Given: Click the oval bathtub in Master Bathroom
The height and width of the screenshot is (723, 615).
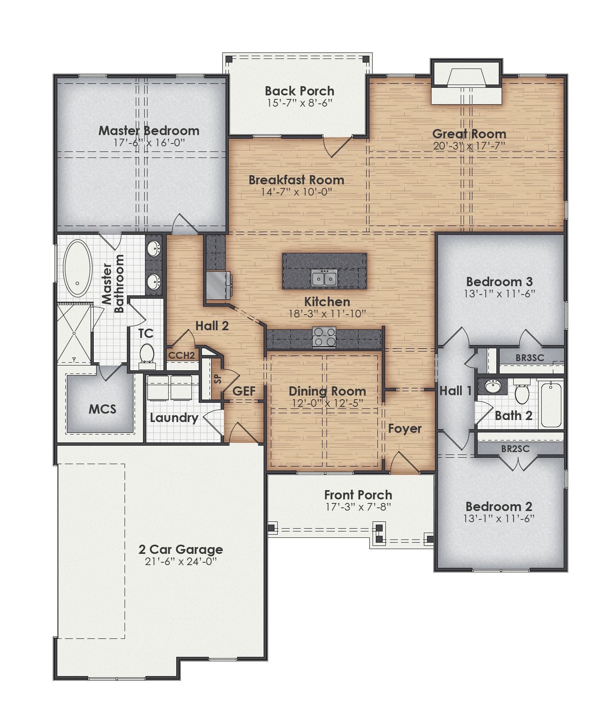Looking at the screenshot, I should click(77, 268).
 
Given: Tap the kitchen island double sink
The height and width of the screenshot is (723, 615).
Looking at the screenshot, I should click(324, 278).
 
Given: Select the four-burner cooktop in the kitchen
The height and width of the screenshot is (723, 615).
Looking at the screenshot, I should click(324, 337).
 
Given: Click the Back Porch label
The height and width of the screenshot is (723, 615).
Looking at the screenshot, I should click(299, 91).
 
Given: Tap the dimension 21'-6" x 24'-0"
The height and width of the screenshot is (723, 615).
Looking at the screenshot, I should click(181, 561).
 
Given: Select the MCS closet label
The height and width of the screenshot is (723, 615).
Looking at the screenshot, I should click(103, 409).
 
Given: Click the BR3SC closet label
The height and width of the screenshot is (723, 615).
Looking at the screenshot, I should click(530, 358).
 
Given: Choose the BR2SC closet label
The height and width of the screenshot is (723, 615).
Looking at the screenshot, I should click(515, 449).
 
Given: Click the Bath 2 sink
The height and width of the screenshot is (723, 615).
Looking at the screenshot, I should click(492, 386).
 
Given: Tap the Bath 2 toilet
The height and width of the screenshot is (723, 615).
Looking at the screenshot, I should click(522, 393).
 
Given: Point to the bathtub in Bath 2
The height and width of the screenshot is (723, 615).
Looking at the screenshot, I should click(551, 405).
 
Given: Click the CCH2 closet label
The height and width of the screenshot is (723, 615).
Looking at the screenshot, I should click(181, 355).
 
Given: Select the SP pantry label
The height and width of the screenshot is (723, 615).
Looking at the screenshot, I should click(218, 379).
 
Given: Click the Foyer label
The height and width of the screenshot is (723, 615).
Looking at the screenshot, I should click(405, 429).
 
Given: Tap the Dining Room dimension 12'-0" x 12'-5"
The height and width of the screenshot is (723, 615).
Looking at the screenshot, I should click(327, 403).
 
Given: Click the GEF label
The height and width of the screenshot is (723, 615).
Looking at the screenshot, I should click(244, 391).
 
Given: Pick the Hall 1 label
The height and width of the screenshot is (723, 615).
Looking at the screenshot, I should click(456, 391).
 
